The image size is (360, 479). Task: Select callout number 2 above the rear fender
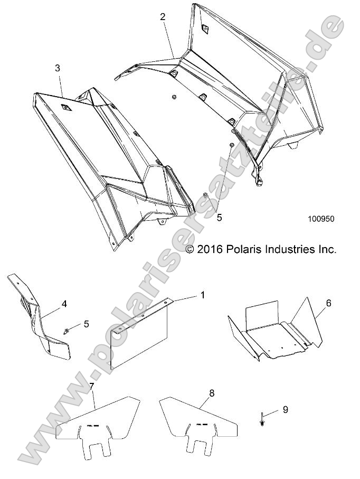click(x=163, y=17)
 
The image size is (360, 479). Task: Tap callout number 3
click(x=58, y=68)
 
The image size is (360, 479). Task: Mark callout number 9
click(x=286, y=409)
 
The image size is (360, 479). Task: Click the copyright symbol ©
click(x=191, y=249)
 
